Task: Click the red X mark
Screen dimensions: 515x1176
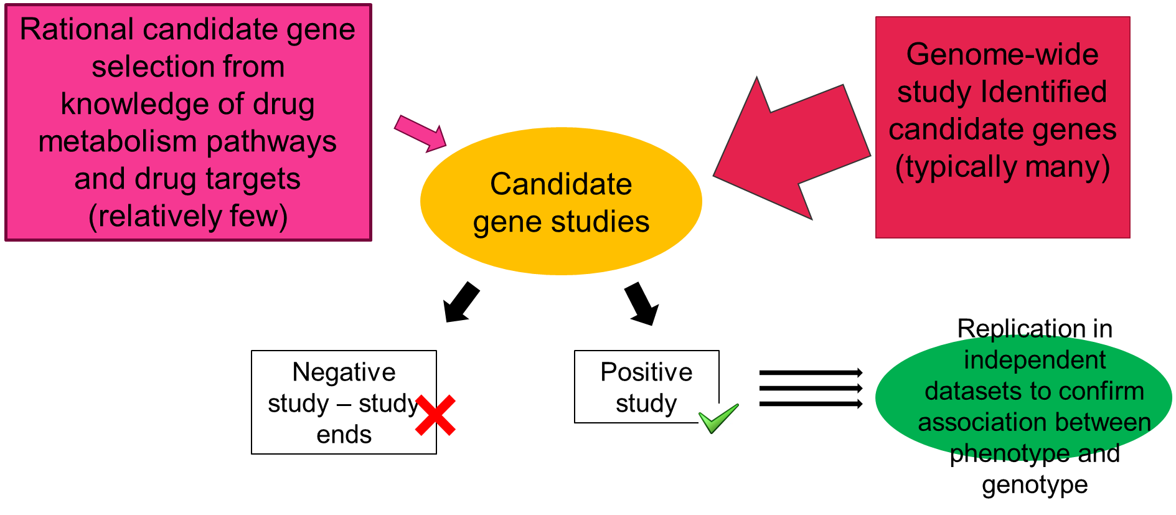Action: tap(435, 415)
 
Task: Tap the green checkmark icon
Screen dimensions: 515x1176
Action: tap(718, 418)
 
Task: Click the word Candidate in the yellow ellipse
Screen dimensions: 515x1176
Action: tap(561, 184)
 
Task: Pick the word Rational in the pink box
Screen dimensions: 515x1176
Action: tap(77, 30)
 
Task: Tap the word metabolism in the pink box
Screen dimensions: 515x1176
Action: tap(118, 142)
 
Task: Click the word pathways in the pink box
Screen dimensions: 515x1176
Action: tap(271, 142)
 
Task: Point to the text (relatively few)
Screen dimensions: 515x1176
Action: tap(188, 217)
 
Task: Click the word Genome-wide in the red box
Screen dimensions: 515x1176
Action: tap(1002, 55)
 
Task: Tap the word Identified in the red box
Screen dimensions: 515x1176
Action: tap(1043, 92)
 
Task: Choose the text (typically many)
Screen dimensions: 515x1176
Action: tap(1002, 167)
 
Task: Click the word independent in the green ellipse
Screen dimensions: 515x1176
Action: tap(1035, 360)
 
